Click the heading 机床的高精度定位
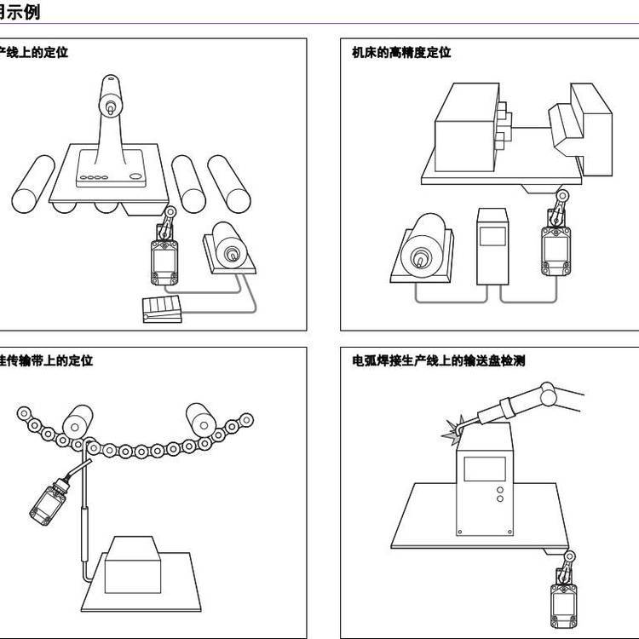click(401, 53)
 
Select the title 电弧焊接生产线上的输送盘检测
click(438, 361)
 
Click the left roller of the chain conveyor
click(79, 417)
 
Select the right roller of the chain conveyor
click(201, 417)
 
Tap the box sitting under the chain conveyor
click(131, 564)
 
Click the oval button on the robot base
click(134, 177)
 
